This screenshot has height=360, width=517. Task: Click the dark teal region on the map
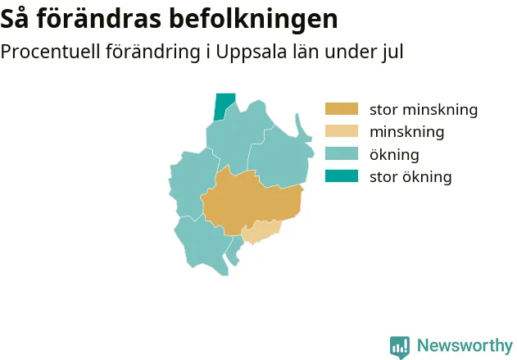pyautogui.click(x=224, y=107)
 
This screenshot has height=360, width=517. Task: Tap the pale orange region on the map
pyautogui.click(x=261, y=231)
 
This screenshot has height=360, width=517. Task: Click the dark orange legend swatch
pyautogui.click(x=342, y=109)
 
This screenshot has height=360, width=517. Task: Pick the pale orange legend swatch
pyautogui.click(x=342, y=131)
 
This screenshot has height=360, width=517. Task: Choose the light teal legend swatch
pyautogui.click(x=342, y=154)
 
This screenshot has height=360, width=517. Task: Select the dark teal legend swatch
pyautogui.click(x=342, y=176)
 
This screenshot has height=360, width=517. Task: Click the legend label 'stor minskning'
pyautogui.click(x=424, y=109)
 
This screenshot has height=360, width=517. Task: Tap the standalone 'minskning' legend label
pyautogui.click(x=407, y=132)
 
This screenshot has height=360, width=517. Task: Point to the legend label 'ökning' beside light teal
pyautogui.click(x=394, y=154)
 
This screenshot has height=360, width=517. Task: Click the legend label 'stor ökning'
pyautogui.click(x=410, y=176)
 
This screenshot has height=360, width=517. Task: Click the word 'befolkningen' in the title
pyautogui.click(x=253, y=19)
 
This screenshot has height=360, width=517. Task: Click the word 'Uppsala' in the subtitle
pyautogui.click(x=252, y=52)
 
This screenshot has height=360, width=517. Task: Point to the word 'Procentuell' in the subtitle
pyautogui.click(x=51, y=52)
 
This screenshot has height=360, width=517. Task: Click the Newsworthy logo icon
pyautogui.click(x=400, y=347)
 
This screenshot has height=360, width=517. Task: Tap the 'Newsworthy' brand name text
pyautogui.click(x=465, y=346)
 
